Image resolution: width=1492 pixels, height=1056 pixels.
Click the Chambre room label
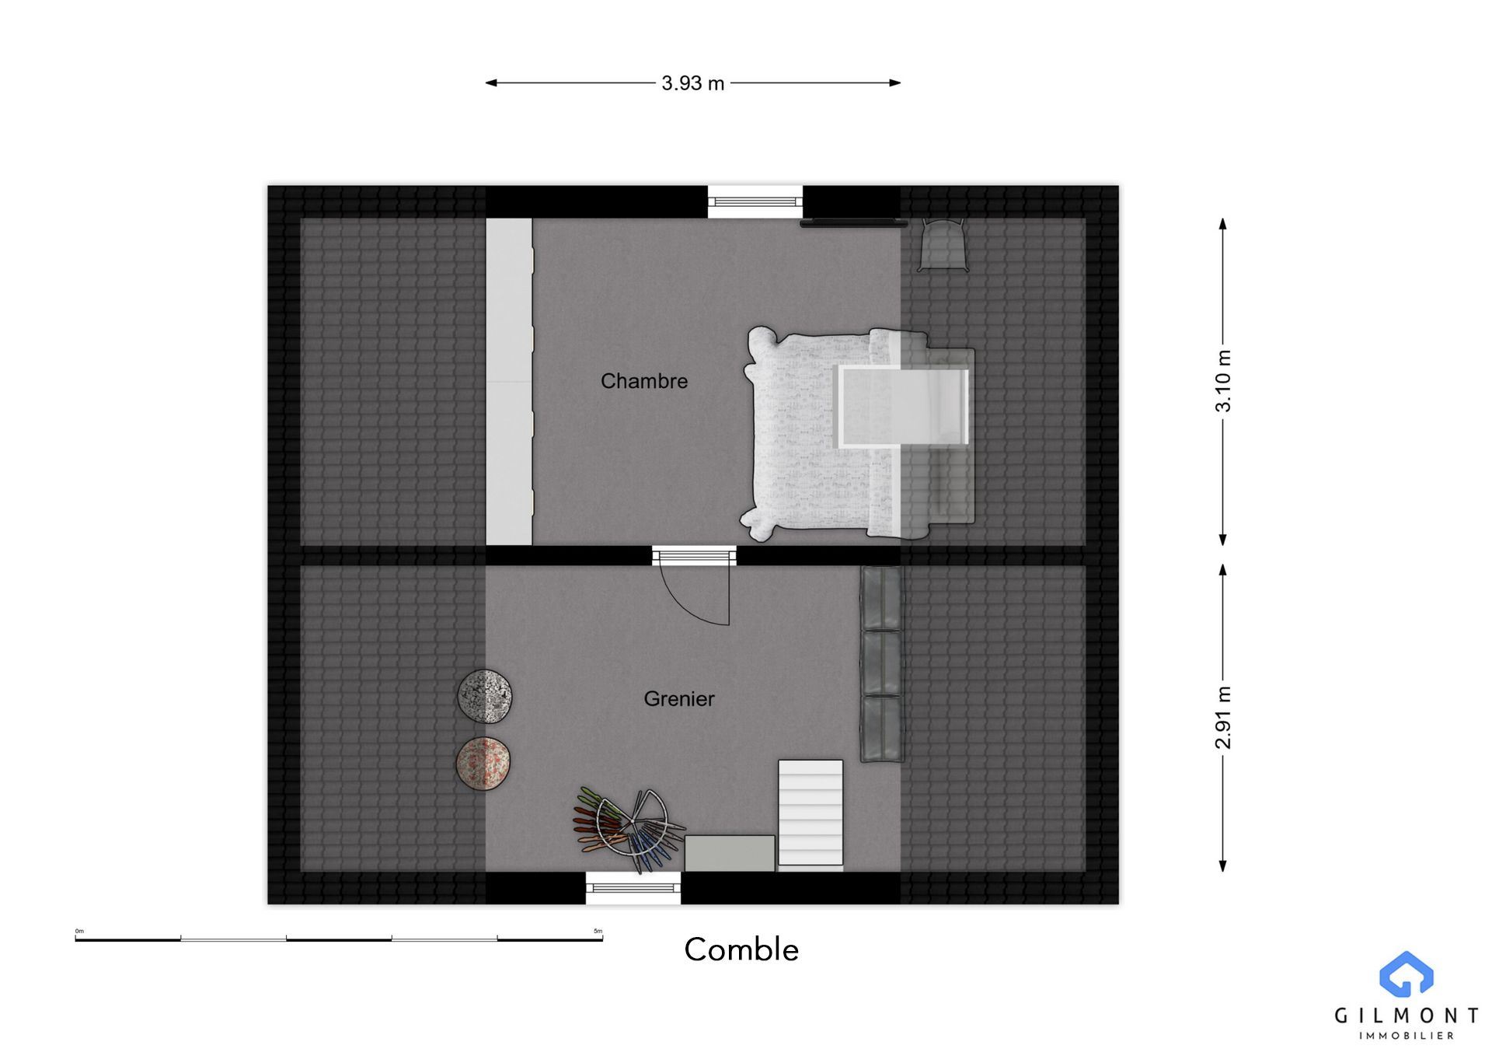[x=644, y=381]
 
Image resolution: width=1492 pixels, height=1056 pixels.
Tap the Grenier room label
[x=679, y=698]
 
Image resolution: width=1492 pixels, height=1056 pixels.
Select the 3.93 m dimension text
[x=692, y=83]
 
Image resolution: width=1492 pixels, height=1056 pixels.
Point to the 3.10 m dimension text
[x=1223, y=381]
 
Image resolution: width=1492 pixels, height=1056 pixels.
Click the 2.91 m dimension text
[x=1223, y=718]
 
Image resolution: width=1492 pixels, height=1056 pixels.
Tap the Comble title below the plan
[x=741, y=949]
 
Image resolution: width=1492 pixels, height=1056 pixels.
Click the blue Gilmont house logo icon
[x=1407, y=974]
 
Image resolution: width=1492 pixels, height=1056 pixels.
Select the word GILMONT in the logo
[x=1407, y=1016]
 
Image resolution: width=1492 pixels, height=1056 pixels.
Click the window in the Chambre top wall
[x=755, y=202]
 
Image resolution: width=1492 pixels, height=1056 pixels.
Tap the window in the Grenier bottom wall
[x=633, y=888]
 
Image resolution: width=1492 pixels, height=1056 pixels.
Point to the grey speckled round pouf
[x=485, y=696]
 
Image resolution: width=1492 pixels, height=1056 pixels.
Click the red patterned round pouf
[x=483, y=764]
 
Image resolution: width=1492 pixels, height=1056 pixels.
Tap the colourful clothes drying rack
[x=628, y=830]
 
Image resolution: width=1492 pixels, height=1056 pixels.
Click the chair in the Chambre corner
[x=943, y=244]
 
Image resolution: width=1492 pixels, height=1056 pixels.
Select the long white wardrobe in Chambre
[x=509, y=381]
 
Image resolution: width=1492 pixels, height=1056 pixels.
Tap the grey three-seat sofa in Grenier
[x=882, y=663]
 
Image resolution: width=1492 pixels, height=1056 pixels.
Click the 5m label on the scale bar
[x=598, y=931]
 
